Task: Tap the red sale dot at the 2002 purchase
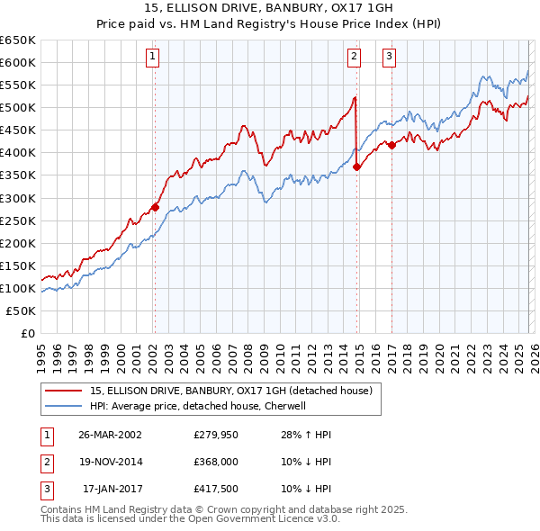pyautogui.click(x=155, y=207)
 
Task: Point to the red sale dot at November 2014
pyautogui.click(x=357, y=166)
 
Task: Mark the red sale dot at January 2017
pyautogui.click(x=392, y=144)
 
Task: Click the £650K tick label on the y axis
pyautogui.click(x=18, y=40)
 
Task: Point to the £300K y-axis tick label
pyautogui.click(x=18, y=198)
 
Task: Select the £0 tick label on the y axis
pyautogui.click(x=26, y=333)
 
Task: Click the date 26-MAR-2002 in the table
pyautogui.click(x=110, y=435)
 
